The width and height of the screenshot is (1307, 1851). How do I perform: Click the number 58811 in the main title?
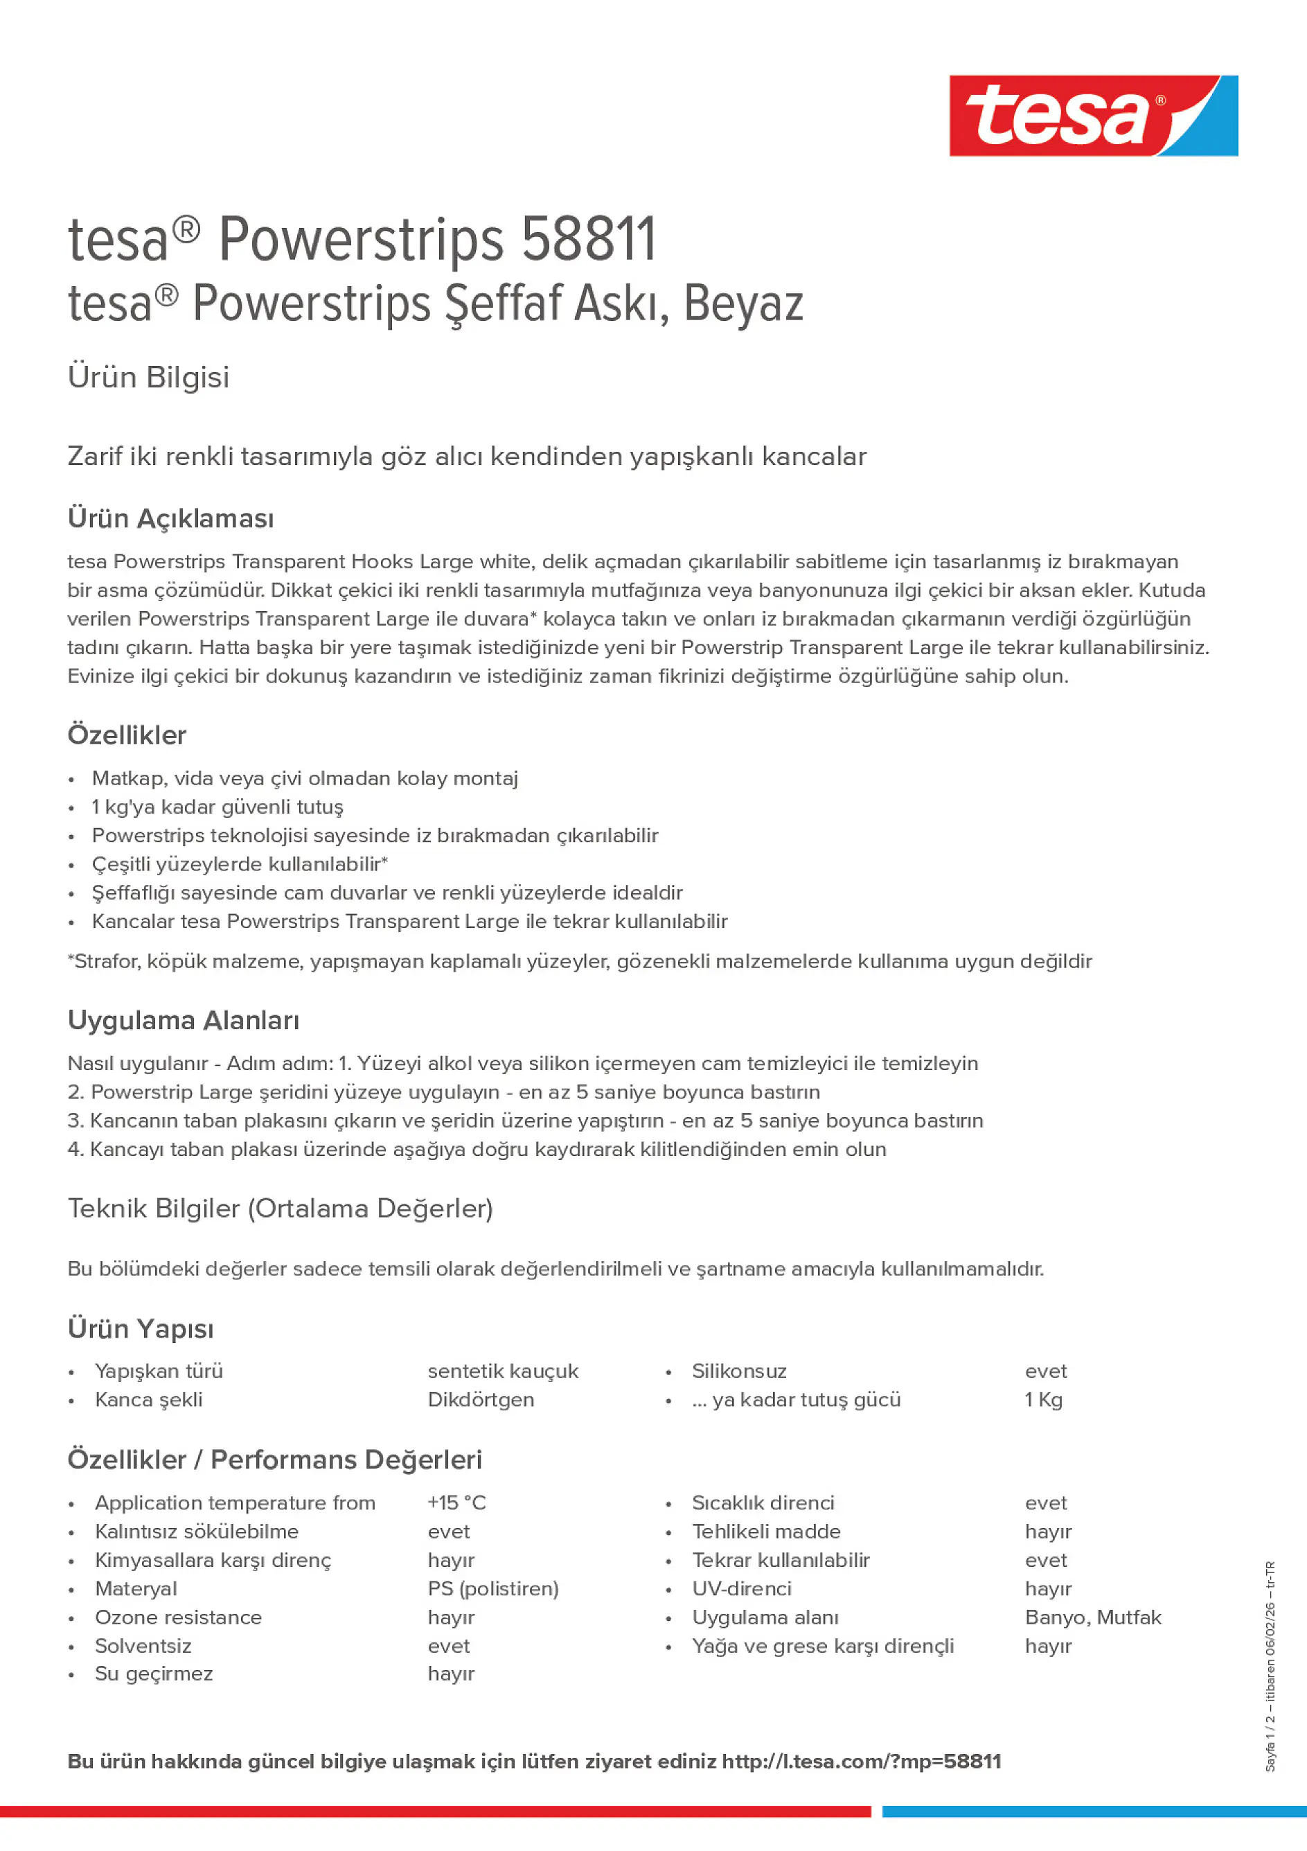[588, 240]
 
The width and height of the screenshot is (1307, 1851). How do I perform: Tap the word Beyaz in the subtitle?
[743, 304]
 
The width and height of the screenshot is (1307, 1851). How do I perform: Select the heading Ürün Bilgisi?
[148, 377]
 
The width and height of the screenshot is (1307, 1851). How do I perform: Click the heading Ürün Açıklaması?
[171, 518]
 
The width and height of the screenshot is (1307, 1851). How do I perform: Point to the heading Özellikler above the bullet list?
[127, 735]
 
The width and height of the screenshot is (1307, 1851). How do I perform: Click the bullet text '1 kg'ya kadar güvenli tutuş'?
[217, 807]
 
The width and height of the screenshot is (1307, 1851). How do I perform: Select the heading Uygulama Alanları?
[183, 1021]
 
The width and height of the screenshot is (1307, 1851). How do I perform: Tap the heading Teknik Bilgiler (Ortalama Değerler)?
[280, 1209]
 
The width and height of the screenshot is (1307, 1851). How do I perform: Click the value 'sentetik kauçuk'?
[503, 1371]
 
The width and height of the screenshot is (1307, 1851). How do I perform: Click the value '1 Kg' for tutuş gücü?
[1044, 1400]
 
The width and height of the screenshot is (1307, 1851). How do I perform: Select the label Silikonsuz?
[739, 1371]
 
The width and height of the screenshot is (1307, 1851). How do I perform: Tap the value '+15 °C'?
[456, 1502]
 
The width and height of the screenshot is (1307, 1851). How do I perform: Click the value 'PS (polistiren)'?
[492, 1588]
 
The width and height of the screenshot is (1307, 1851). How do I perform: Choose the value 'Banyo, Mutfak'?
[1093, 1617]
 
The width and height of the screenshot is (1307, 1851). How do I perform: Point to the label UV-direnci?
[741, 1588]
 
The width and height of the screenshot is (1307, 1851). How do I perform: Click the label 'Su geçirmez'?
[154, 1674]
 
